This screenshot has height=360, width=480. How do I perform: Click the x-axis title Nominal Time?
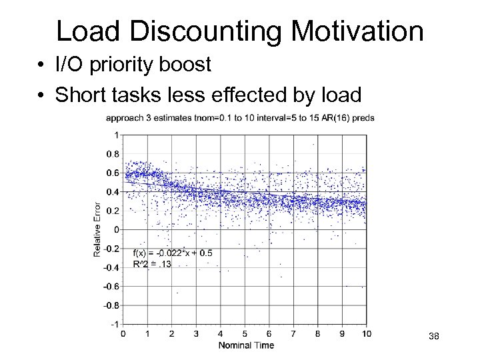(x=245, y=345)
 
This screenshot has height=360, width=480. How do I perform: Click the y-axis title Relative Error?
(x=97, y=229)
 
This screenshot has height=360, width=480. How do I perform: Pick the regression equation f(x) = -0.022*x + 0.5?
(x=173, y=253)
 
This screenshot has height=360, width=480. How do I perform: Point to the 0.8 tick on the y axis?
(x=113, y=154)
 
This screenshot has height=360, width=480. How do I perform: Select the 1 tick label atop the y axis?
(x=117, y=135)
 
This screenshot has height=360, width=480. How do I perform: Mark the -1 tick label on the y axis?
(x=115, y=325)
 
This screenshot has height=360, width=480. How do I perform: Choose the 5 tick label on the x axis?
(x=245, y=333)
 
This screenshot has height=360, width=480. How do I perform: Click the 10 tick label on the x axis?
(x=366, y=333)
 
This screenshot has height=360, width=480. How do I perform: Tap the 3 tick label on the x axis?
(x=196, y=333)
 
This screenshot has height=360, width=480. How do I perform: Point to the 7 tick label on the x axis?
(x=293, y=333)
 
